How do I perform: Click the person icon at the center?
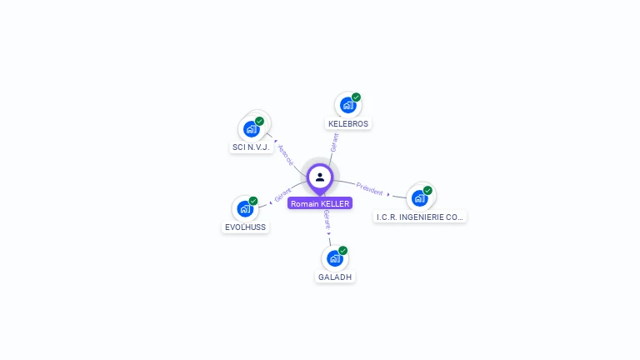click(x=320, y=177)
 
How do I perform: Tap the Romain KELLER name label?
click(x=320, y=203)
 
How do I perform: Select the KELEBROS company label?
click(x=348, y=124)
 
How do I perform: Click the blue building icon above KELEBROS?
click(x=347, y=105)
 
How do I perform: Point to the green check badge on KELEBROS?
click(x=356, y=97)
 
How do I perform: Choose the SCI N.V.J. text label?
click(x=251, y=147)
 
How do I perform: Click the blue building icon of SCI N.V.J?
click(x=251, y=129)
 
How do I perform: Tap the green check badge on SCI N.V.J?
click(x=259, y=122)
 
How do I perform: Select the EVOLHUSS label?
click(x=246, y=227)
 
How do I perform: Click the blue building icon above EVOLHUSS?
click(x=245, y=208)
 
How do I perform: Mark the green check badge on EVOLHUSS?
click(x=253, y=201)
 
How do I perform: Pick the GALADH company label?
click(x=336, y=277)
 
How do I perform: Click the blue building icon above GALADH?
click(x=335, y=258)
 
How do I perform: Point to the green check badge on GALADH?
click(x=343, y=251)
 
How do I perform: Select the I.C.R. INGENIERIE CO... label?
click(x=420, y=217)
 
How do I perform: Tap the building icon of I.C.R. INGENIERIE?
click(x=419, y=197)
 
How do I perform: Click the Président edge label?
click(x=369, y=188)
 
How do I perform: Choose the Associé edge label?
click(x=286, y=155)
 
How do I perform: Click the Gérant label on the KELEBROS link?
click(x=334, y=142)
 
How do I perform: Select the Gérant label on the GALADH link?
click(x=327, y=220)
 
